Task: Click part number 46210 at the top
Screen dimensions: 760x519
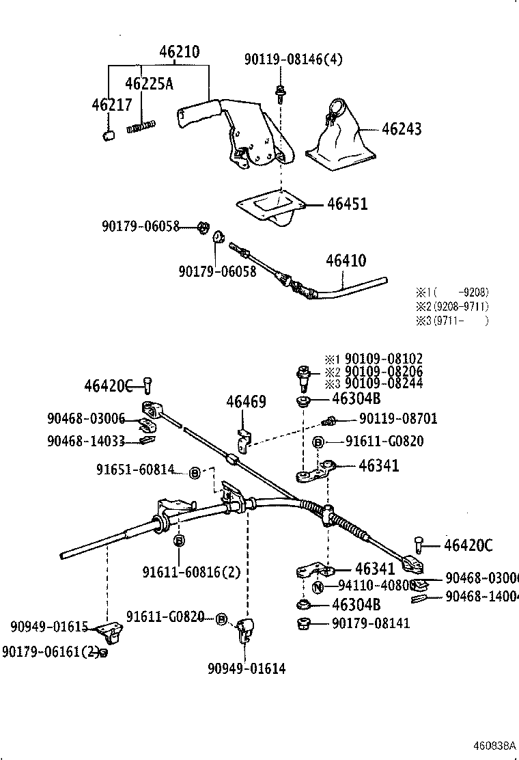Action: pyautogui.click(x=180, y=52)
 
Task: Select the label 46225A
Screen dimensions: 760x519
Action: pyautogui.click(x=148, y=83)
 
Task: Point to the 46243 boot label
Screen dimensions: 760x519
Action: pyautogui.click(x=402, y=128)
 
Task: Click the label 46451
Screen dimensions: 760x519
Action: pyautogui.click(x=347, y=204)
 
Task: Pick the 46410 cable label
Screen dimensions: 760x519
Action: pyautogui.click(x=346, y=260)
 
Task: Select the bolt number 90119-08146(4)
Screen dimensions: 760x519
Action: pyautogui.click(x=294, y=59)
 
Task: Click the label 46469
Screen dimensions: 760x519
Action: pyautogui.click(x=246, y=402)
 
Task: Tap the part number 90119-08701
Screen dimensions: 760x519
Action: pyautogui.click(x=398, y=419)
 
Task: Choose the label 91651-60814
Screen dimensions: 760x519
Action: pyautogui.click(x=135, y=470)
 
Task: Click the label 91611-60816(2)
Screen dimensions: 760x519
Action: pyautogui.click(x=192, y=571)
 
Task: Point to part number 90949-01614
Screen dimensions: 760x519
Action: pyautogui.click(x=247, y=668)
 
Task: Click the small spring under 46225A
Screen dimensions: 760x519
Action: pyautogui.click(x=142, y=126)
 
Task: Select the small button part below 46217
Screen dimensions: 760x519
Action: pyautogui.click(x=107, y=134)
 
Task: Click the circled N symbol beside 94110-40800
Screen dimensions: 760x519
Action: pyautogui.click(x=318, y=586)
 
